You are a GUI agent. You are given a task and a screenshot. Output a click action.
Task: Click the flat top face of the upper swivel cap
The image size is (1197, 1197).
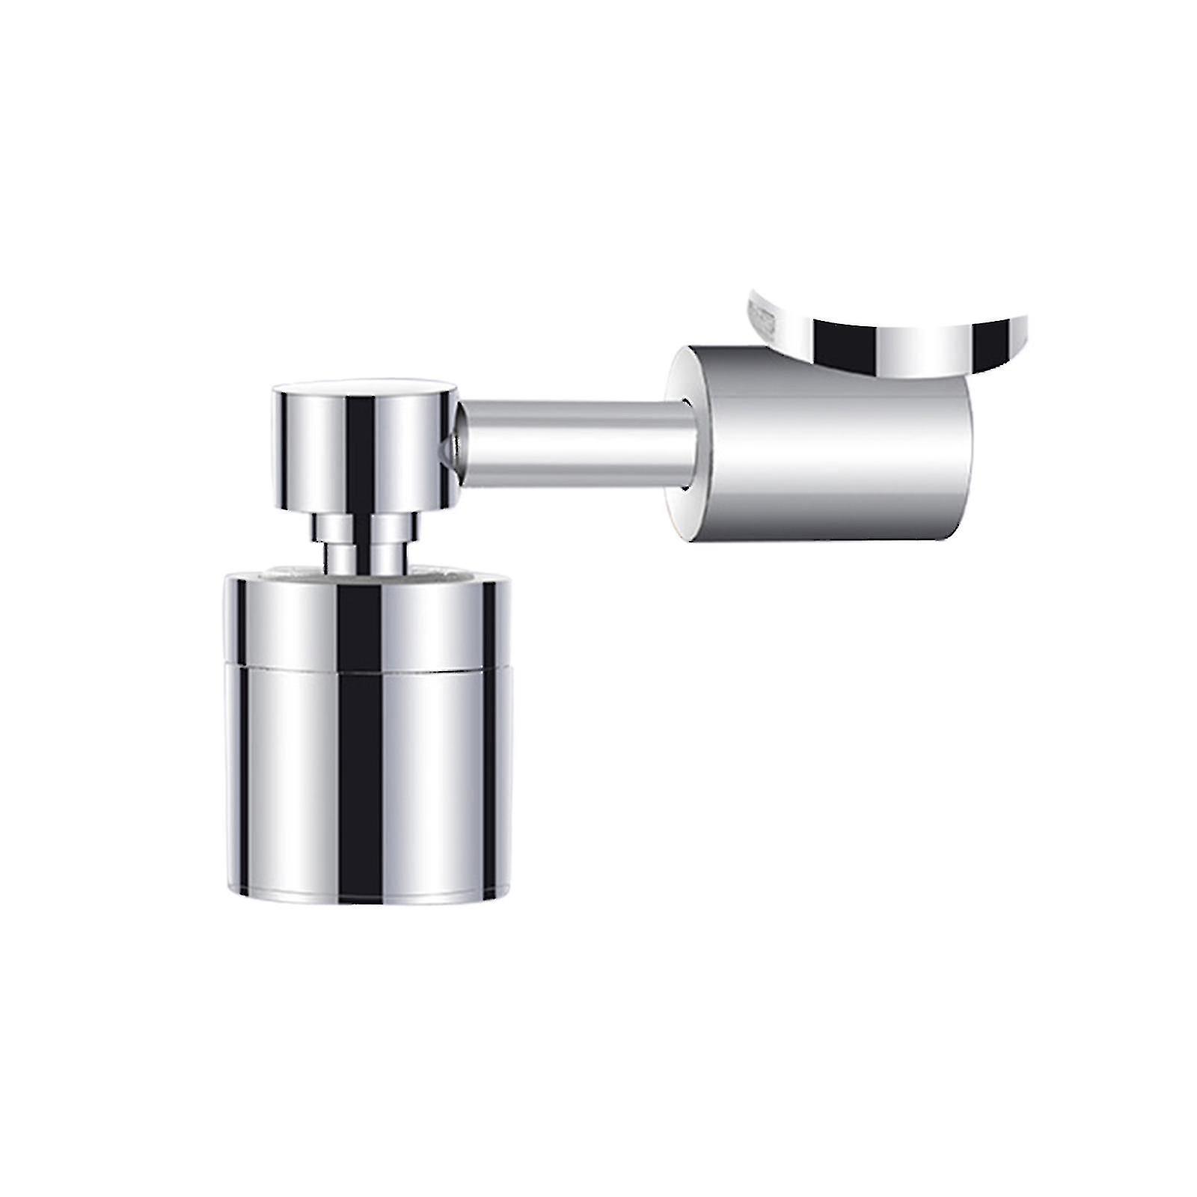click(364, 389)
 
